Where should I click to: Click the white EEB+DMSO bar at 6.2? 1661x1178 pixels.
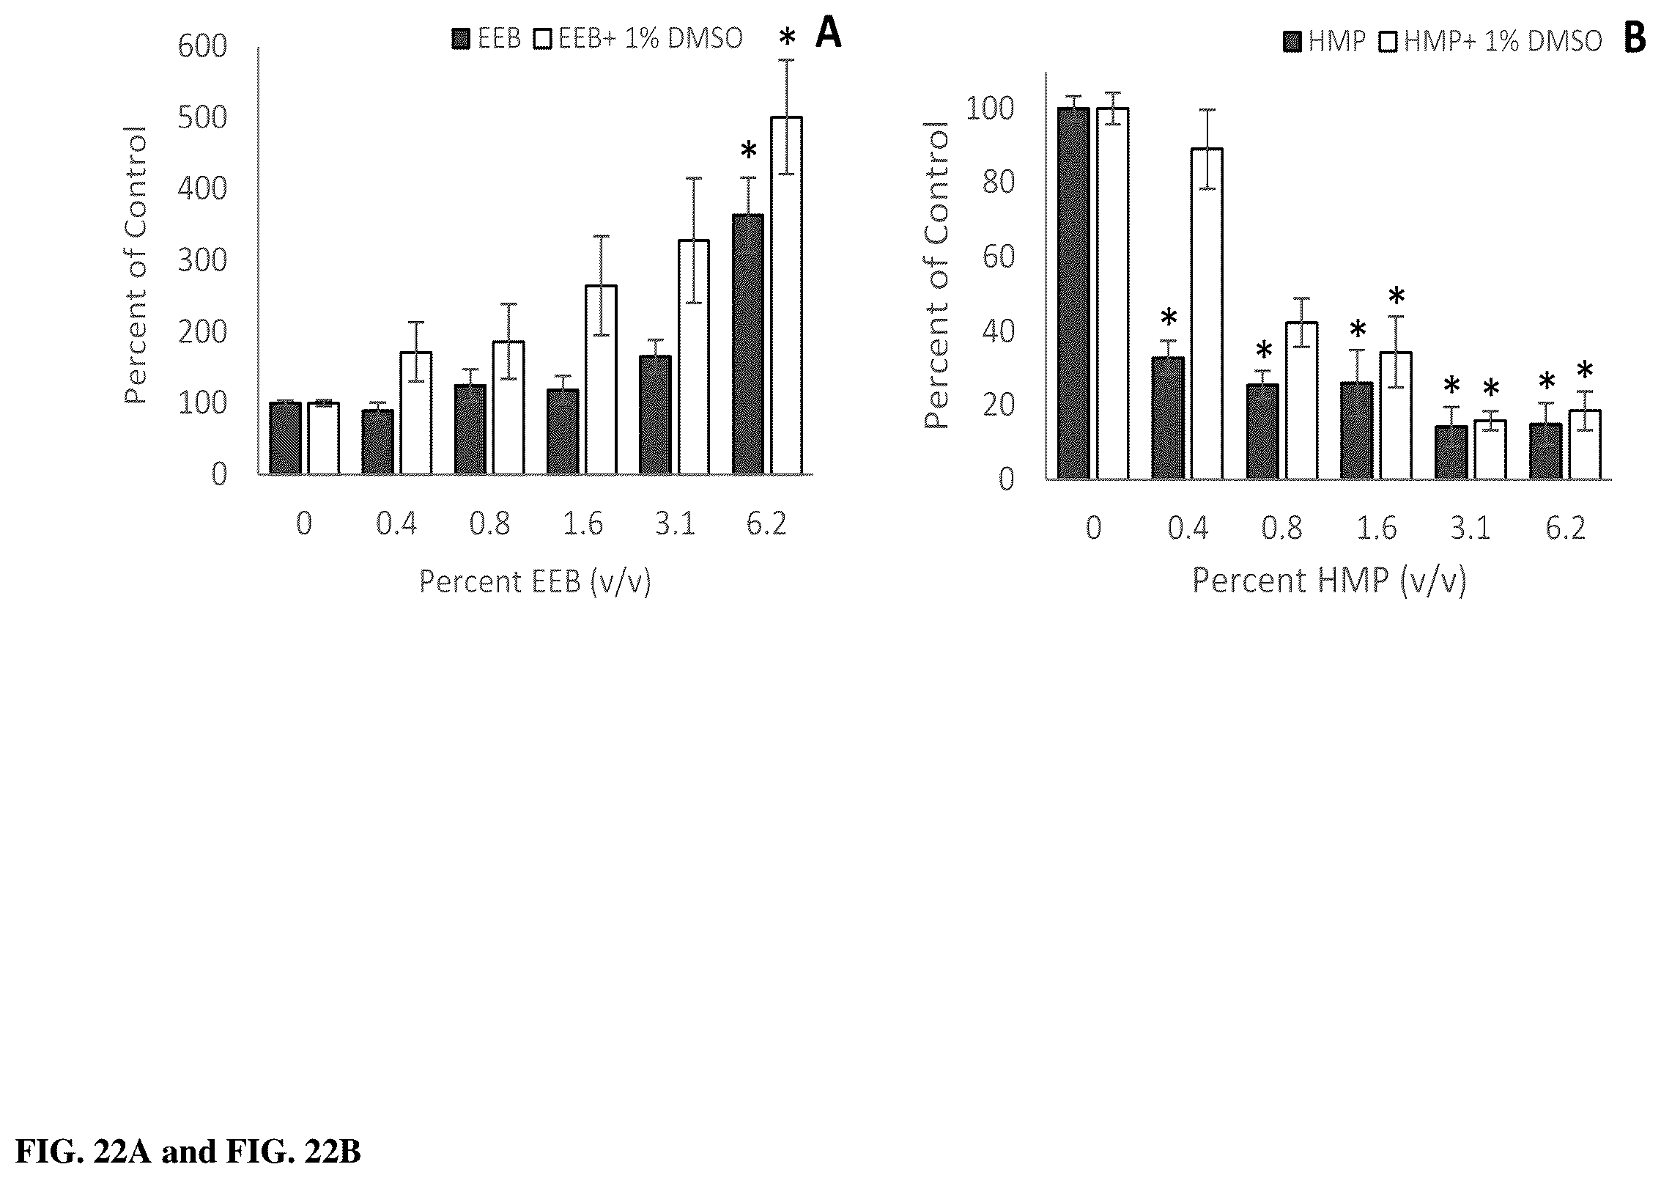coord(786,295)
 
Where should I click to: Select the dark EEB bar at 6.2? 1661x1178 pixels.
coord(747,345)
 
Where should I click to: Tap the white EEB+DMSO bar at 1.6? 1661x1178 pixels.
coord(601,380)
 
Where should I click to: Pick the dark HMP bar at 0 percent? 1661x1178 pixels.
coord(1073,294)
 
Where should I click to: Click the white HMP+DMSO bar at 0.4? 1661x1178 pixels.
coord(1206,314)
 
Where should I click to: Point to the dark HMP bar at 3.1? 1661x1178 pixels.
coord(1451,453)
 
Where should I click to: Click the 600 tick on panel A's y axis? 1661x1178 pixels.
coord(202,47)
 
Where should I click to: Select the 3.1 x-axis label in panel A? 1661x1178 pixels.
coord(675,524)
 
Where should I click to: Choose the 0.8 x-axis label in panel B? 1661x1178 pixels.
coord(1281,528)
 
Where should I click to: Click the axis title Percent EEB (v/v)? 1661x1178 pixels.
coord(535,581)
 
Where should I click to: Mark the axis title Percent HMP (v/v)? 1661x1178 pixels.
coord(1329,581)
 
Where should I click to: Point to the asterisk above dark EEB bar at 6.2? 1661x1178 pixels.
coord(748,151)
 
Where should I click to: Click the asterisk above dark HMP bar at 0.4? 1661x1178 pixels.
coord(1169,317)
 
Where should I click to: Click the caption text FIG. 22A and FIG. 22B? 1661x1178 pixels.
coord(188,1152)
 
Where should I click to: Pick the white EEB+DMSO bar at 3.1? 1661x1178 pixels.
coord(693,357)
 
